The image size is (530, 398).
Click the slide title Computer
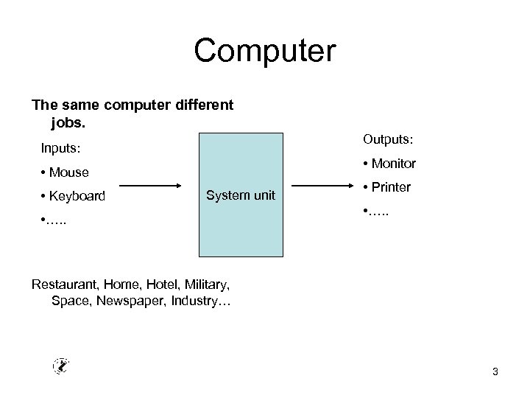click(x=264, y=52)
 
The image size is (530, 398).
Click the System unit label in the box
click(x=241, y=195)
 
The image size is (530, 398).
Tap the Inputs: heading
click(x=60, y=149)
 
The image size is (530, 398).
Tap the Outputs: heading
click(x=387, y=139)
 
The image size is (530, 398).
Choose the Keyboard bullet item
click(x=73, y=197)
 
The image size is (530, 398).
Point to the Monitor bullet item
click(x=389, y=164)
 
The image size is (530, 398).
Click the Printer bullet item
click(x=386, y=187)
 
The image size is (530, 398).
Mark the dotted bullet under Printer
click(x=378, y=212)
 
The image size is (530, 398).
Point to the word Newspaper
click(x=140, y=301)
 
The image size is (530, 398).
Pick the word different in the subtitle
click(x=203, y=105)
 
